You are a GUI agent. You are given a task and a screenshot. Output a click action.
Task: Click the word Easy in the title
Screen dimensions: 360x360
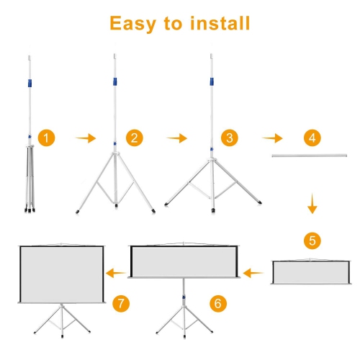134,23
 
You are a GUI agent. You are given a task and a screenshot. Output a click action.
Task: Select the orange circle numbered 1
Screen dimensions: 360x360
47,138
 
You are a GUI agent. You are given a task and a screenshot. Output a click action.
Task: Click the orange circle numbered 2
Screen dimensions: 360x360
132,138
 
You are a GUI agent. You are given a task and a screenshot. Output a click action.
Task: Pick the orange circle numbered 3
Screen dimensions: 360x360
229,138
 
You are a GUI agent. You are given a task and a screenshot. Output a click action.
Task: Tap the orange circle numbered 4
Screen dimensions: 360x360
311,138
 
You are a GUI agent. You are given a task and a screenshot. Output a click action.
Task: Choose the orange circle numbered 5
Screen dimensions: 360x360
311,240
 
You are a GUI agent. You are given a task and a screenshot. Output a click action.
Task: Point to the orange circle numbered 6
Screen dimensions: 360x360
217,303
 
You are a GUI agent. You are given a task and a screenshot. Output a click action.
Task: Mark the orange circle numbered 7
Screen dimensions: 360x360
122,303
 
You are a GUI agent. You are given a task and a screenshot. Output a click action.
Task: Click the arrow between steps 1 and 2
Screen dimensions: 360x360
86,138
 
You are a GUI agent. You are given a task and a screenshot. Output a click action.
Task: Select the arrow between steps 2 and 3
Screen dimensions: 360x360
176,138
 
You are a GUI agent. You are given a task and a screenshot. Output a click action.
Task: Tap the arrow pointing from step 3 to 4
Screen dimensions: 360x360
271,138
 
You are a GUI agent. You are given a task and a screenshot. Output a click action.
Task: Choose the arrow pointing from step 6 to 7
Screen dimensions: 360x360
115,273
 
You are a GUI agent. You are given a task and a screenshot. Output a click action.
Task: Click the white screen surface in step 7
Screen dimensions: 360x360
61,274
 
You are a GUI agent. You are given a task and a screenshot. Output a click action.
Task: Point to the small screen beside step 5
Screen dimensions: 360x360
311,273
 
